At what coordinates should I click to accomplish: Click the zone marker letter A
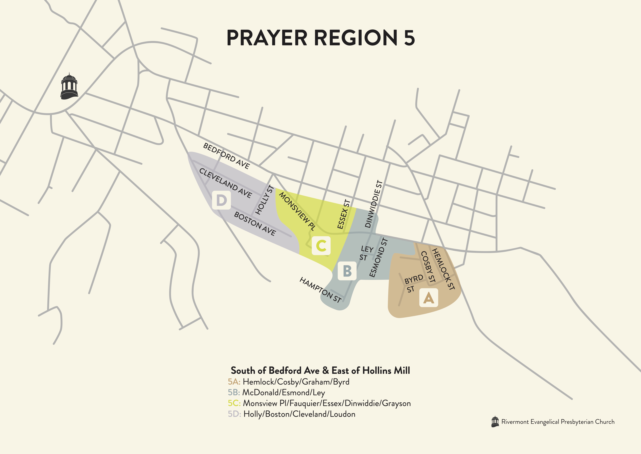(429, 298)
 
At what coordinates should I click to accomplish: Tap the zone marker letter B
(347, 271)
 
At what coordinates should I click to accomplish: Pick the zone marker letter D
(221, 200)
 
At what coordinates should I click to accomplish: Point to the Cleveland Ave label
(225, 183)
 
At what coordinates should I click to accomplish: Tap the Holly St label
(264, 200)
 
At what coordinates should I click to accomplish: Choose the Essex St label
(344, 214)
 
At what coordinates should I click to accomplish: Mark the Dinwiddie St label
(374, 204)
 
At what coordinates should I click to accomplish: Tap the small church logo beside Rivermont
(495, 422)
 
